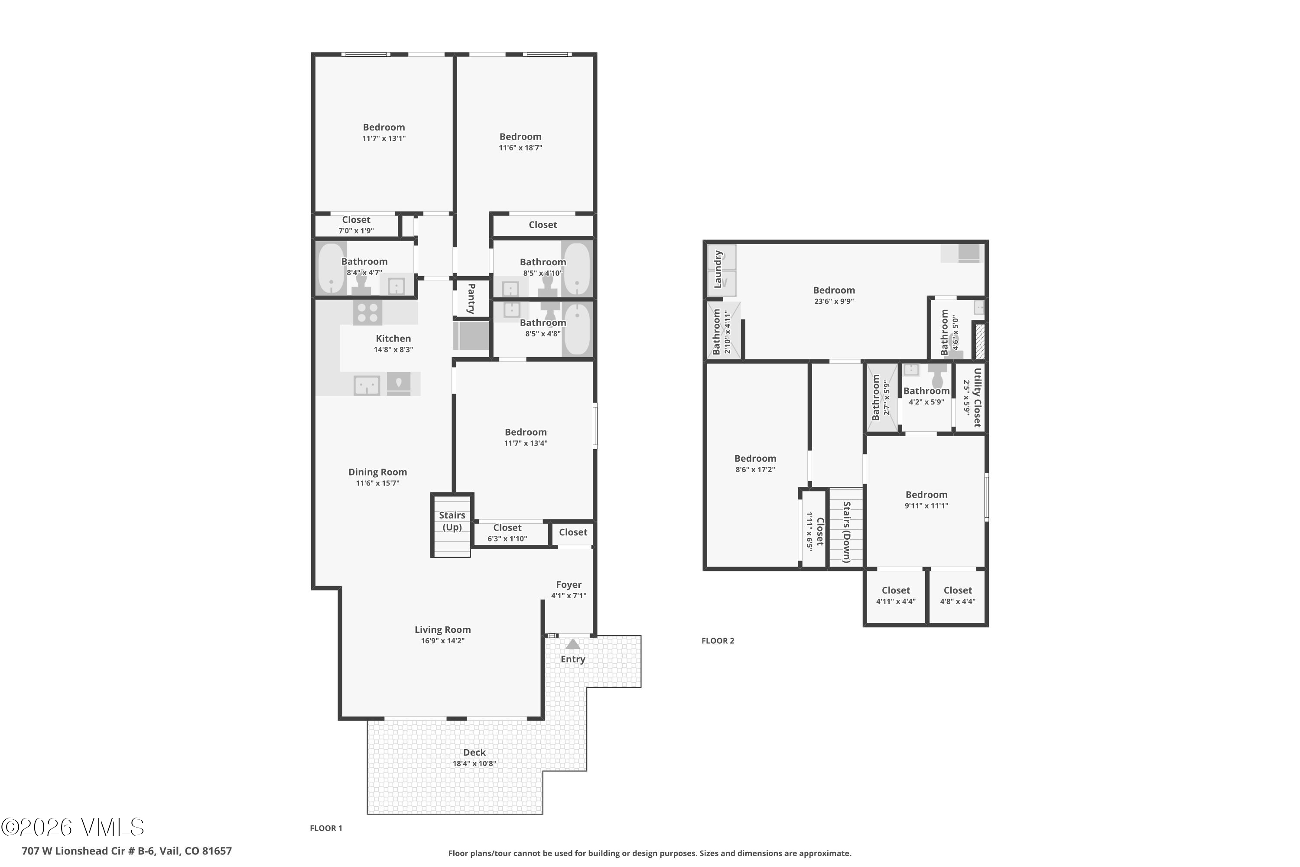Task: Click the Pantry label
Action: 471,299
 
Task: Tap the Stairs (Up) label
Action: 452,521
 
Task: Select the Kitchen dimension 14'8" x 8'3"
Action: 393,349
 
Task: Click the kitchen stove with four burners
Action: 367,313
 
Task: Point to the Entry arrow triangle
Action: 572,644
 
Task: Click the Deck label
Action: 474,752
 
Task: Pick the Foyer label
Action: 568,584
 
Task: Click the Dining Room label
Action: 377,472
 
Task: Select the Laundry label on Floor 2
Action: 718,269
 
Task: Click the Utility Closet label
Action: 977,397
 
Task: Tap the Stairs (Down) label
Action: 846,531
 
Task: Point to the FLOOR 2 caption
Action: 718,641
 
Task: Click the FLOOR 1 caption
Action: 325,828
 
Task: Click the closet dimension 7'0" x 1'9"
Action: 356,231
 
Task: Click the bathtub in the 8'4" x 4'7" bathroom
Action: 331,269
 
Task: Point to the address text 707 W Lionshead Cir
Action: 127,851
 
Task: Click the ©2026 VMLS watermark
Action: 72,827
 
